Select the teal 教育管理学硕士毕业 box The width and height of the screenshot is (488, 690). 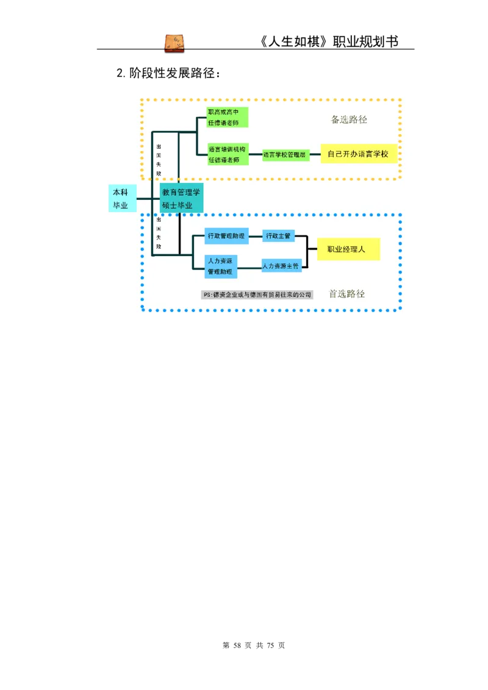point(181,198)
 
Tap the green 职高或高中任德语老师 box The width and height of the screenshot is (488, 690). point(227,117)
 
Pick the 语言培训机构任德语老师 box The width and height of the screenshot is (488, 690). point(227,154)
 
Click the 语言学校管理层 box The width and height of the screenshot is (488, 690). point(285,155)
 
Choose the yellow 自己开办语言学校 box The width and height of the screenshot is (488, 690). point(358,154)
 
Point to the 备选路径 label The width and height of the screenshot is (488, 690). point(349,119)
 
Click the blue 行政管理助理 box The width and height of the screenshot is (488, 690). point(226,236)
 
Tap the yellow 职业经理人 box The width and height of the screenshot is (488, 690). point(348,249)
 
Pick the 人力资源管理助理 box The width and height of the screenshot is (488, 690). point(221,265)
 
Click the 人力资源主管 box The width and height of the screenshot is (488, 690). point(281,266)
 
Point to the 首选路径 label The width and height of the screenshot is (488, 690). point(346,294)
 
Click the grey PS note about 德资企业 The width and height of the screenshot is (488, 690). point(257,295)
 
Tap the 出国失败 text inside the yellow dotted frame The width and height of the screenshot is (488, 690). point(159,160)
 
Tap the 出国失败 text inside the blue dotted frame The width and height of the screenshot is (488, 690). point(159,233)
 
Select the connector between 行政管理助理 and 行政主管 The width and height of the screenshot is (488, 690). point(256,236)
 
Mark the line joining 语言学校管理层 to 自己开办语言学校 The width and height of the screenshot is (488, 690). point(315,155)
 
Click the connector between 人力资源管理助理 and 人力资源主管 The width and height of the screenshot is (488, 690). point(249,267)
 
